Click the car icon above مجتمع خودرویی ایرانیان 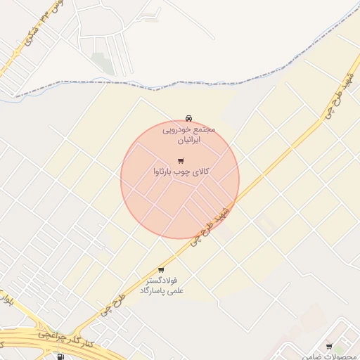188,118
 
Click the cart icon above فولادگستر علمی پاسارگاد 161,269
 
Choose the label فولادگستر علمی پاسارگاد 161,284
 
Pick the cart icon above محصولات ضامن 329,346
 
